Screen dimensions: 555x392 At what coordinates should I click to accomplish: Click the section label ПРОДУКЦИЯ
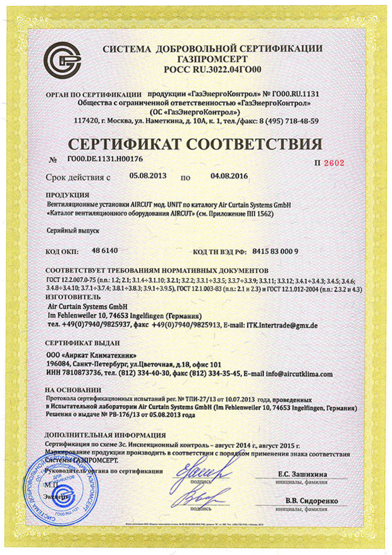pos(68,195)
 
